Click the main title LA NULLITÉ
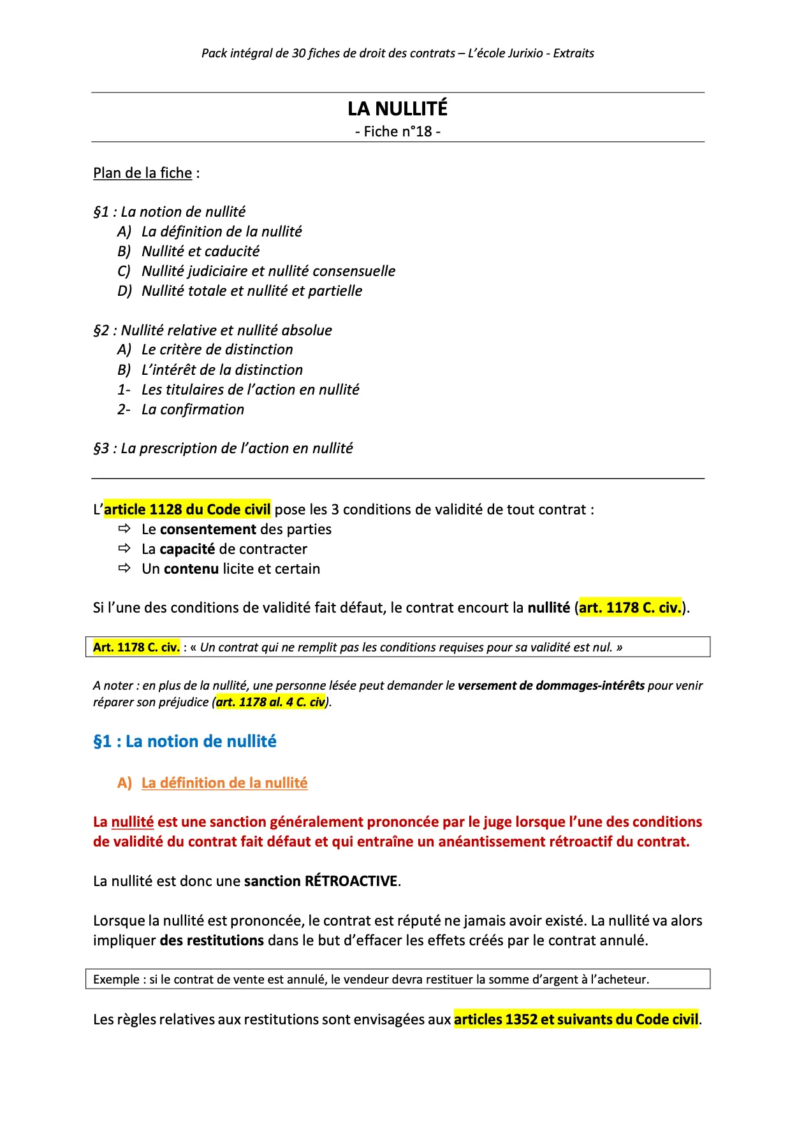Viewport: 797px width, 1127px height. [397, 109]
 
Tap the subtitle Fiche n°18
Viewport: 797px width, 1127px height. [397, 131]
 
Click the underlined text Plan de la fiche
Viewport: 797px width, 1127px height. [142, 173]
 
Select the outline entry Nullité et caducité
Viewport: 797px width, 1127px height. [200, 251]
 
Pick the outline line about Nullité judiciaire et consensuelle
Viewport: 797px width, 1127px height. [268, 271]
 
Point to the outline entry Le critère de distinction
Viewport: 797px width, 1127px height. [217, 349]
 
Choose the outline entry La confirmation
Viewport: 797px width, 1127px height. [193, 409]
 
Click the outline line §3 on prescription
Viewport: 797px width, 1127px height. [223, 448]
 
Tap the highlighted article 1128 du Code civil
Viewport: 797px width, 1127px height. [187, 509]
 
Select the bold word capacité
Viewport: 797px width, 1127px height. [187, 549]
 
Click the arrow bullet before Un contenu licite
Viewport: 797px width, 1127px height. [124, 568]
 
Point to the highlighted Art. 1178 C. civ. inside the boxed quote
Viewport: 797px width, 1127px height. [136, 647]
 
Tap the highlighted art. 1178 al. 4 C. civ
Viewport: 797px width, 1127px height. [271, 702]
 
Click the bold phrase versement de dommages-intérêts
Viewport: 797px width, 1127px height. [551, 685]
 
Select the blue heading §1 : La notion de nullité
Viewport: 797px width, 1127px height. [184, 741]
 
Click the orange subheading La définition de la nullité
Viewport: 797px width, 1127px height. [224, 783]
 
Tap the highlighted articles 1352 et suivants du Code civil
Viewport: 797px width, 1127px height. [576, 1019]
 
